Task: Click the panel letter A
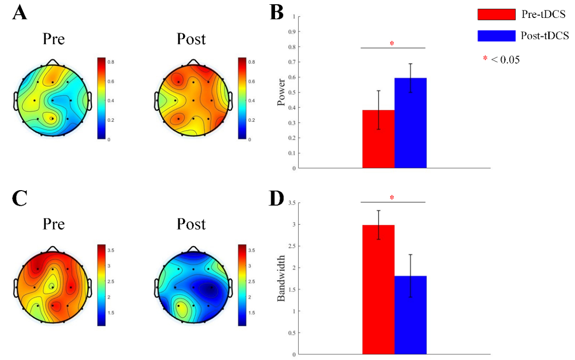tap(20, 13)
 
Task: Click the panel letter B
tap(276, 13)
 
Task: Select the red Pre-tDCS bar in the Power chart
tap(378, 139)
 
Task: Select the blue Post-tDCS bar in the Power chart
tap(410, 123)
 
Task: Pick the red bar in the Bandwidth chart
tap(378, 290)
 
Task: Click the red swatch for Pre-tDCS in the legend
tap(496, 15)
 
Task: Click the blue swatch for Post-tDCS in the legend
tap(496, 36)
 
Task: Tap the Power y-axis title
tap(282, 92)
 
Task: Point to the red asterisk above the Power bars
tap(392, 44)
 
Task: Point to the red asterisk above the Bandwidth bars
tap(392, 198)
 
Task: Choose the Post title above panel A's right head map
tap(191, 39)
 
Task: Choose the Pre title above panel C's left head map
tap(53, 224)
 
